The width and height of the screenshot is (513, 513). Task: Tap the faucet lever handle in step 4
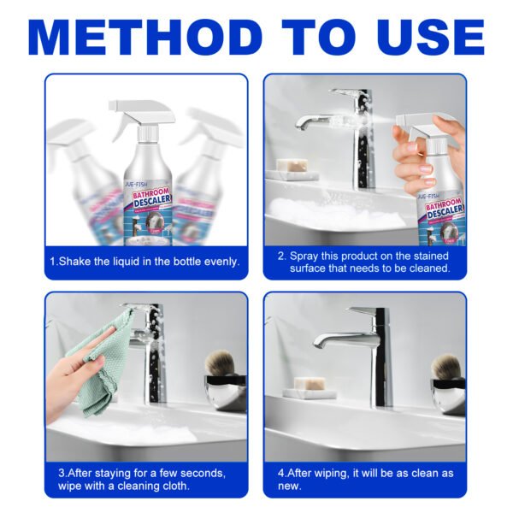(x=364, y=313)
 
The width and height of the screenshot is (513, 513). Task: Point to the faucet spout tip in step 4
(x=319, y=343)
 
